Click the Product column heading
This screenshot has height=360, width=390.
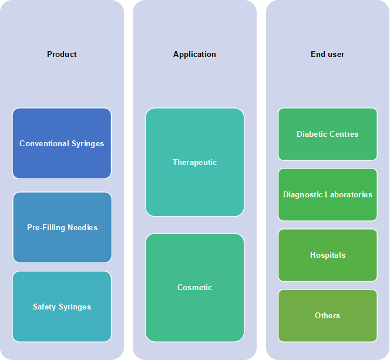point(62,54)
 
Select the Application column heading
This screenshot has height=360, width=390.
point(194,55)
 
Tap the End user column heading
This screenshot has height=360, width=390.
point(327,54)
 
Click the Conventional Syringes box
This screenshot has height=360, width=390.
point(62,143)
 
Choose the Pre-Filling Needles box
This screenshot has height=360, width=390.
point(62,227)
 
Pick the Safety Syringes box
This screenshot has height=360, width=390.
point(62,307)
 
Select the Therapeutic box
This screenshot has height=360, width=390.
point(195,162)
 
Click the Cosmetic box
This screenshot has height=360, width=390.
point(195,287)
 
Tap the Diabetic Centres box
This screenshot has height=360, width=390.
point(328,134)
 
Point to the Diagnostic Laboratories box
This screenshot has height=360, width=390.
point(328,194)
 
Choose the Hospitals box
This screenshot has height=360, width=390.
point(328,255)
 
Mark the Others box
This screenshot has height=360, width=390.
point(328,315)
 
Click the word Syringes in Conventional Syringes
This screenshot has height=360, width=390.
point(88,144)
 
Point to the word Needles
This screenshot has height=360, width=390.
point(83,227)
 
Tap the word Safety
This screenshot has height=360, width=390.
point(45,307)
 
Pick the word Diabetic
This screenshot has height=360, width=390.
point(312,134)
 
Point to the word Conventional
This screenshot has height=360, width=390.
point(44,143)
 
